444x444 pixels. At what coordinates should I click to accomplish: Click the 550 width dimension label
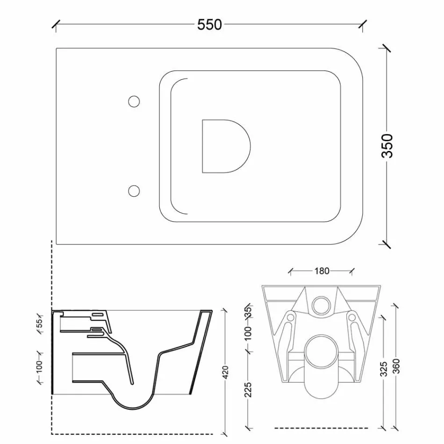click(x=209, y=25)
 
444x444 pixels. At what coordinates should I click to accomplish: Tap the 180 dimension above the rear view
click(x=322, y=271)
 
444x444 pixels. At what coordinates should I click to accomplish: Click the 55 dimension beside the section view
click(x=39, y=322)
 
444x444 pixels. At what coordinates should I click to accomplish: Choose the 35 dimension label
click(x=248, y=312)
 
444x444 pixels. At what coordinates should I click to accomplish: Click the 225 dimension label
click(x=248, y=389)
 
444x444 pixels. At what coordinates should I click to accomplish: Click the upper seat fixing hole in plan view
click(x=134, y=101)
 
